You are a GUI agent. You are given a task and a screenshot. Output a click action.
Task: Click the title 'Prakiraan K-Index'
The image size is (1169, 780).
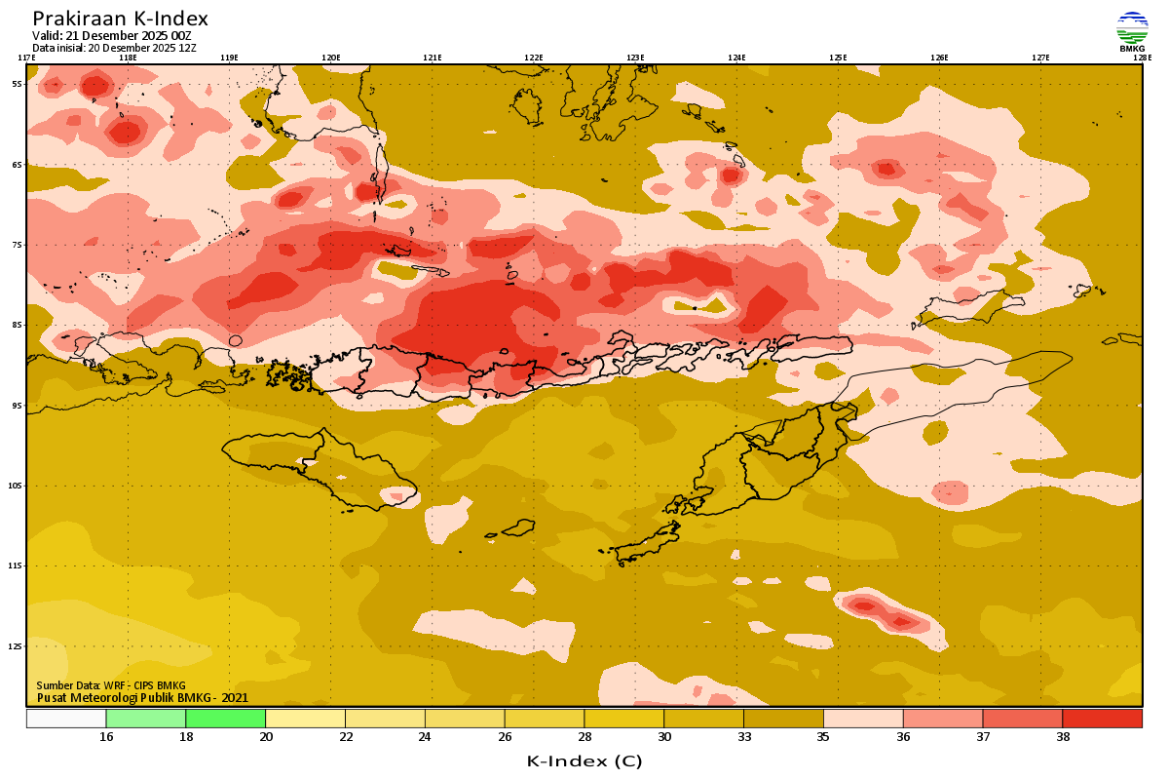(x=120, y=19)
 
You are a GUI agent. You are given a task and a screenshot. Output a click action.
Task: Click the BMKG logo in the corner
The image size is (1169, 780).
(x=1131, y=30)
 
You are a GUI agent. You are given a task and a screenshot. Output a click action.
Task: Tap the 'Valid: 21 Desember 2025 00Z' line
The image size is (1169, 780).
(x=112, y=36)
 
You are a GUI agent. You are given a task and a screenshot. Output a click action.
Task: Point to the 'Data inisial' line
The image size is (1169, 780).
(x=114, y=48)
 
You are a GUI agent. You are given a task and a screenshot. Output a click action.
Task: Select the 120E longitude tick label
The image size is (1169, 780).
(x=331, y=58)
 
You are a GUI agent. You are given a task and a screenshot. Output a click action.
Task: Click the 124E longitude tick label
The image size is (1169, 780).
(x=736, y=58)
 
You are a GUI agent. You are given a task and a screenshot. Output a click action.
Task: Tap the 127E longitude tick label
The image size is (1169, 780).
(x=1040, y=58)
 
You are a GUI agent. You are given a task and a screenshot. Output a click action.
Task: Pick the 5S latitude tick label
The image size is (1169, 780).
(x=17, y=84)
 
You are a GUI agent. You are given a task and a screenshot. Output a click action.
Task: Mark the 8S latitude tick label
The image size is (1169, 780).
(x=17, y=325)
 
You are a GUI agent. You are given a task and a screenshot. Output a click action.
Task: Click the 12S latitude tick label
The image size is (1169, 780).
(x=17, y=646)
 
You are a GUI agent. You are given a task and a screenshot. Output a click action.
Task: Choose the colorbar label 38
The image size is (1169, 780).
(x=1062, y=737)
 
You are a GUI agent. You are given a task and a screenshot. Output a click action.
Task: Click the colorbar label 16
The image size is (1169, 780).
(x=106, y=737)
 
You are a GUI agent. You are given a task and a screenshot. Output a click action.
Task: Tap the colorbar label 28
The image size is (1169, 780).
(x=584, y=737)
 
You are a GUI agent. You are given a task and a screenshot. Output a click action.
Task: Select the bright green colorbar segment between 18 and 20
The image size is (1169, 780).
(x=225, y=719)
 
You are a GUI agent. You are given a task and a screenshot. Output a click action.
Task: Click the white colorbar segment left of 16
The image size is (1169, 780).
(x=66, y=719)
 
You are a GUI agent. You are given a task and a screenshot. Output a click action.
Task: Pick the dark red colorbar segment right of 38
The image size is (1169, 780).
(x=1102, y=719)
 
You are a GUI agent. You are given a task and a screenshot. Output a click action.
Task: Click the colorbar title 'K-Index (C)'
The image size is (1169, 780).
(x=584, y=760)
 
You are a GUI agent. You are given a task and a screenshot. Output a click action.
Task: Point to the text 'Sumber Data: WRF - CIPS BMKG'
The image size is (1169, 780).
(x=111, y=685)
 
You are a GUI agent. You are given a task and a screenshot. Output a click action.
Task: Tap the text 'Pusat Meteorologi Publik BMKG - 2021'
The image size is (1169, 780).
(x=142, y=697)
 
